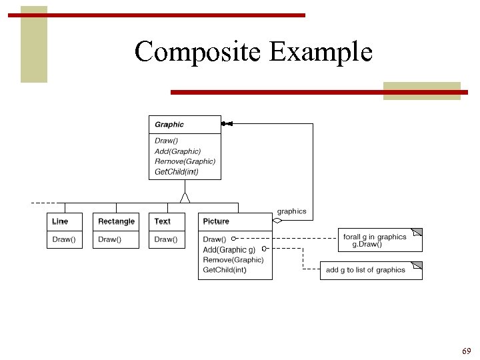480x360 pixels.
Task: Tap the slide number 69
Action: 465,351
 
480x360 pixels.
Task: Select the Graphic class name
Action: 169,125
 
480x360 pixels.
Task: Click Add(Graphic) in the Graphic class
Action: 177,151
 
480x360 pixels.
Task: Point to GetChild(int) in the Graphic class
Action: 177,172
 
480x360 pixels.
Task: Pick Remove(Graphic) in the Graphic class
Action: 185,161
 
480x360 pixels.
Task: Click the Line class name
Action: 60,221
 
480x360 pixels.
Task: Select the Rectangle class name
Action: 116,221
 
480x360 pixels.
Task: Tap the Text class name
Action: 162,221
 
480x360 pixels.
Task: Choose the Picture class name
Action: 216,221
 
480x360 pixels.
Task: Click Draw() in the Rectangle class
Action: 109,239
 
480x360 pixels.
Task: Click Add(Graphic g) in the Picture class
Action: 229,250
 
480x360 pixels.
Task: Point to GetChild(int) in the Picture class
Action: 225,270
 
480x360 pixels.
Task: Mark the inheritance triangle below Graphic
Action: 185,197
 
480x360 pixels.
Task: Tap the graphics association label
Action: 292,211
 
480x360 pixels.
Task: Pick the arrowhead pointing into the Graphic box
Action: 227,124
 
